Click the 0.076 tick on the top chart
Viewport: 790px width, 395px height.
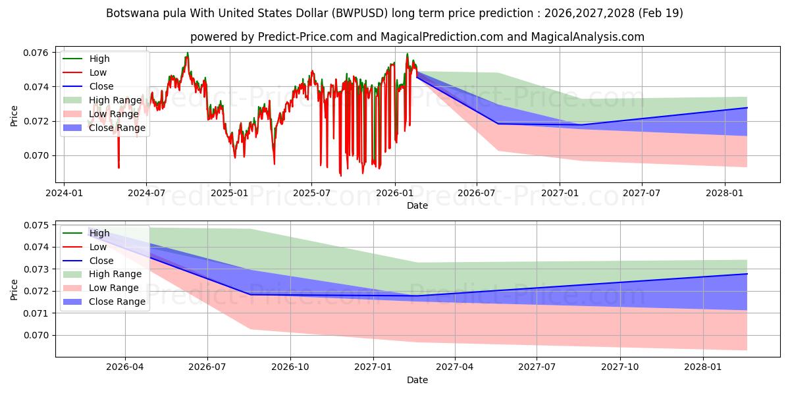36,53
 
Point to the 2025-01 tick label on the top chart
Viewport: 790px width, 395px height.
230,193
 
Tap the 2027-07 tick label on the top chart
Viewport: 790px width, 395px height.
641,193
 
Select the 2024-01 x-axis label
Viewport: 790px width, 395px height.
65,193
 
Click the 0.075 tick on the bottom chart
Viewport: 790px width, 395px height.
36,225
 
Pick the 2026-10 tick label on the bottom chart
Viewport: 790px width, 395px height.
290,367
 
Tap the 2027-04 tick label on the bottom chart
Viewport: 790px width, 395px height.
455,367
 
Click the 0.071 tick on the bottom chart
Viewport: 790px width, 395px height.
36,313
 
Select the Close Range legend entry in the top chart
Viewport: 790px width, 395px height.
104,128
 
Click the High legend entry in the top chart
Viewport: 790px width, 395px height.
86,59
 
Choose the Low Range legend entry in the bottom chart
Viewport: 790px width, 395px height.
101,288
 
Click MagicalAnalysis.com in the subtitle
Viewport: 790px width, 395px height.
587,37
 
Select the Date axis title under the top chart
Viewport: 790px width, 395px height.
417,205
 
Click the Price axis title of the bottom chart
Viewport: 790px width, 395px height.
14,290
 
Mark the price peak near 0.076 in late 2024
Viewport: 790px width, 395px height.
188,53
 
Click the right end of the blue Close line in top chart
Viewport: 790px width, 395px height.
747,107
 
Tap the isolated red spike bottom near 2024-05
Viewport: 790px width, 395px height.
119,168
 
